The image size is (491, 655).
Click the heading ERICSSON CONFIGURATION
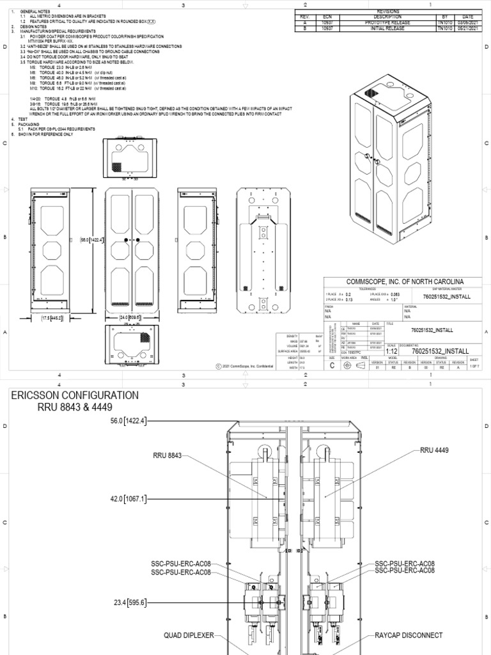(75, 395)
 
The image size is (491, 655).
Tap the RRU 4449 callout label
(434, 450)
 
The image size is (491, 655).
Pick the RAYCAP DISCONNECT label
(409, 636)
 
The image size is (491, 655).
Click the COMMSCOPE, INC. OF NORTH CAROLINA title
(405, 281)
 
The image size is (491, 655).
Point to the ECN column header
(327, 17)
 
